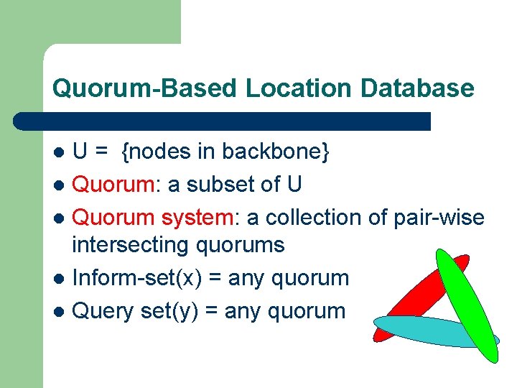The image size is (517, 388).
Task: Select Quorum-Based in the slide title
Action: click(144, 88)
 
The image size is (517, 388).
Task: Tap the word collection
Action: click(309, 217)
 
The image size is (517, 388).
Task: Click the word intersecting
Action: click(130, 245)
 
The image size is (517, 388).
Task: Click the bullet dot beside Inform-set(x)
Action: click(61, 279)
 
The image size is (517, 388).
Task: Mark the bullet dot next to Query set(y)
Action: click(61, 312)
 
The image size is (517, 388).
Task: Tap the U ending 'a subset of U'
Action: click(294, 185)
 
